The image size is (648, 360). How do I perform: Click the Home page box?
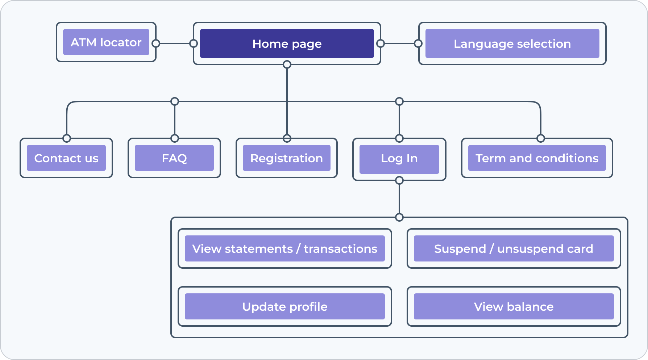click(287, 43)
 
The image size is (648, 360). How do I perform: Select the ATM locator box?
click(106, 42)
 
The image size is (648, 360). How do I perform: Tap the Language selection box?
click(512, 43)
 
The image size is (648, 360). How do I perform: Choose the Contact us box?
click(66, 158)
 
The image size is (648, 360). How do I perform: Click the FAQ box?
click(174, 158)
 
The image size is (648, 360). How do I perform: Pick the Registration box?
click(287, 158)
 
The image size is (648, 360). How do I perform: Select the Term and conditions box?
click(537, 158)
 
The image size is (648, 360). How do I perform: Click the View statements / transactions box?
click(284, 248)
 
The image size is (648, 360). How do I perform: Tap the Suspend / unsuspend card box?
click(514, 248)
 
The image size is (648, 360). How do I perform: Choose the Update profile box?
click(284, 306)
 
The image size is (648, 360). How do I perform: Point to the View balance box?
click(514, 306)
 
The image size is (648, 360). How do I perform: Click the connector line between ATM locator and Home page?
click(175, 43)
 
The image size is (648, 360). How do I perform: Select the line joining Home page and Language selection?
click(399, 43)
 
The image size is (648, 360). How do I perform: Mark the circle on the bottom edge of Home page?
click(287, 64)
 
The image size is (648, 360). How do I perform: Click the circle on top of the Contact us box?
click(67, 138)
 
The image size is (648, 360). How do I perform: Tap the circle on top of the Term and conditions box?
click(541, 138)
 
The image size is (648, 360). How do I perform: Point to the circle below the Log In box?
click(399, 180)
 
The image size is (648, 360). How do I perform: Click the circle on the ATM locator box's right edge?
click(156, 43)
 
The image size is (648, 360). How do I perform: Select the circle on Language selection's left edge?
click(418, 43)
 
